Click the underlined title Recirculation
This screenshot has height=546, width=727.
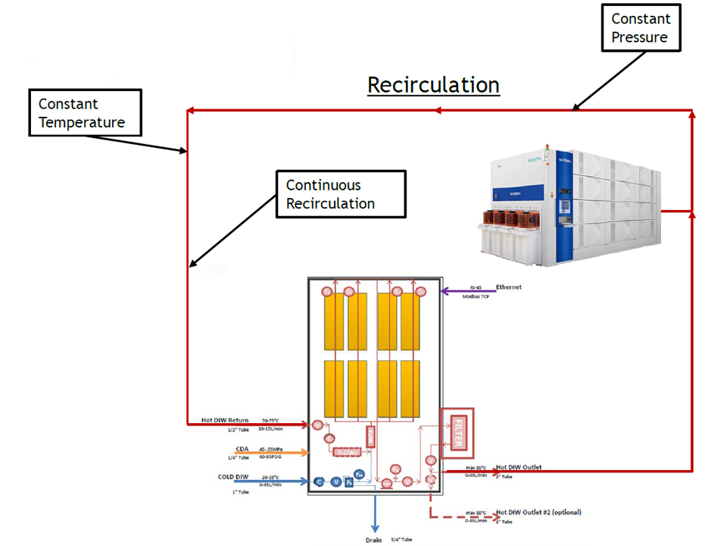433,85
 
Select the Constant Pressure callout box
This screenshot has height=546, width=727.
640,28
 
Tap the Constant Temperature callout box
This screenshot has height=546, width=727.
86,113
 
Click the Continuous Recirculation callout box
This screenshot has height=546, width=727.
340,194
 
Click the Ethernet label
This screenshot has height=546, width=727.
510,287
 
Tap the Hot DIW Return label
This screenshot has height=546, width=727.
224,419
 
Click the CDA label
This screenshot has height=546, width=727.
242,448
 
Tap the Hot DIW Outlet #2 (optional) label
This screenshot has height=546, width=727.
538,513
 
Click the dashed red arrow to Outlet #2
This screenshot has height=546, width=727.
462,518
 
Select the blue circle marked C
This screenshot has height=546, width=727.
319,482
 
